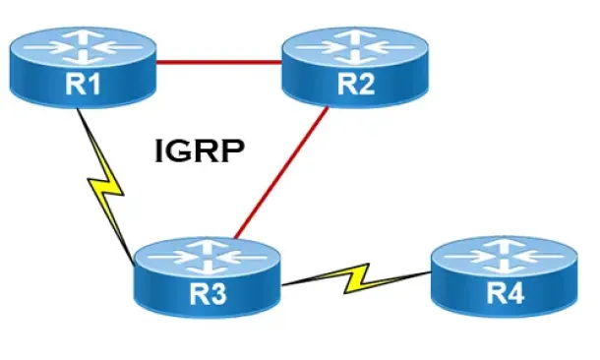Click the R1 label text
pos(83,85)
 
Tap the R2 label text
pos(356,85)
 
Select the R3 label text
pos(209,294)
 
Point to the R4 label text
pos(506,293)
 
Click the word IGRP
pos(200,150)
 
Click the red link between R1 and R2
pos(219,62)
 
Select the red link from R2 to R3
pos(281,172)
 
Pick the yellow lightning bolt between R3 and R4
pos(356,278)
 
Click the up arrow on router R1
pos(83,36)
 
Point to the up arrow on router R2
pos(356,36)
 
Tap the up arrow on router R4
pos(505,246)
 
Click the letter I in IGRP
pos(158,150)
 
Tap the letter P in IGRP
pos(233,150)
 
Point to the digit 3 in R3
pos(218,294)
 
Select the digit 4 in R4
pos(515,293)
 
